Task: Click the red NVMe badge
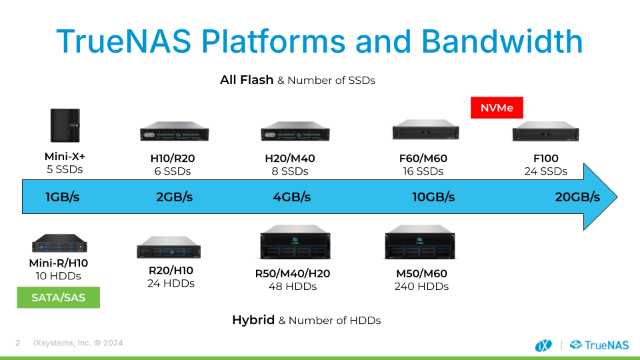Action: click(497, 108)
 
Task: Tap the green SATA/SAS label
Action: click(59, 297)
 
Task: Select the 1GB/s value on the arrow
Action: click(63, 197)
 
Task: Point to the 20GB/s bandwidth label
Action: click(577, 197)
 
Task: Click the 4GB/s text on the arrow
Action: click(292, 197)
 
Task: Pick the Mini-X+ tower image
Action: click(65, 125)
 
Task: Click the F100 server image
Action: click(546, 131)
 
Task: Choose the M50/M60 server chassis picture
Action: click(420, 242)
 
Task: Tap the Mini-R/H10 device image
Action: click(59, 243)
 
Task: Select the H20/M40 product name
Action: click(290, 159)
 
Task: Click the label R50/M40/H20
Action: click(293, 273)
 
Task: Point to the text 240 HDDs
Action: click(421, 287)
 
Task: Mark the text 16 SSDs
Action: click(423, 171)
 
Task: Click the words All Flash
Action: click(247, 80)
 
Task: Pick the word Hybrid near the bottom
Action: click(253, 320)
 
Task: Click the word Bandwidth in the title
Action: click(502, 41)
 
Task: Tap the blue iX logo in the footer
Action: click(543, 345)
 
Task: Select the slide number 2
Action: click(18, 343)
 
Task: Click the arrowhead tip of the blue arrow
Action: click(617, 197)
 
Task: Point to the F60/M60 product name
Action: click(423, 159)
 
